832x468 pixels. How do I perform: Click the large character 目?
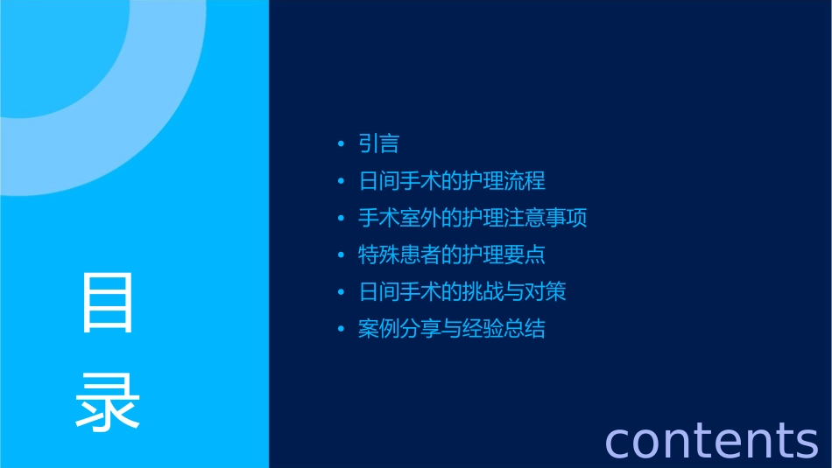point(108,302)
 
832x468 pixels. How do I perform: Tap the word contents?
point(711,440)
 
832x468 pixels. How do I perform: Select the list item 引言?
point(379,143)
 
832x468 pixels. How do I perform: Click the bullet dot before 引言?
point(341,144)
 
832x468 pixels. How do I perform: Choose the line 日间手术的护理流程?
point(452,181)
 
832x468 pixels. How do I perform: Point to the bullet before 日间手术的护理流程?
point(341,182)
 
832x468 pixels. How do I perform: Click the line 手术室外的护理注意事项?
point(473,218)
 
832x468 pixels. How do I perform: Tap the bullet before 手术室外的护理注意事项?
point(341,219)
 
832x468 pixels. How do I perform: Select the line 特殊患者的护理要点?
point(452,255)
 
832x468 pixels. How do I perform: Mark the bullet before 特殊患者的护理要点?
point(341,255)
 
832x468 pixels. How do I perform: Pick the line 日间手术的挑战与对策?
point(462,291)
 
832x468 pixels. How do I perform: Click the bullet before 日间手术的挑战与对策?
point(341,292)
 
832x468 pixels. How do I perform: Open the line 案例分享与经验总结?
point(452,329)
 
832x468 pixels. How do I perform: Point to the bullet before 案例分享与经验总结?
point(341,330)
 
